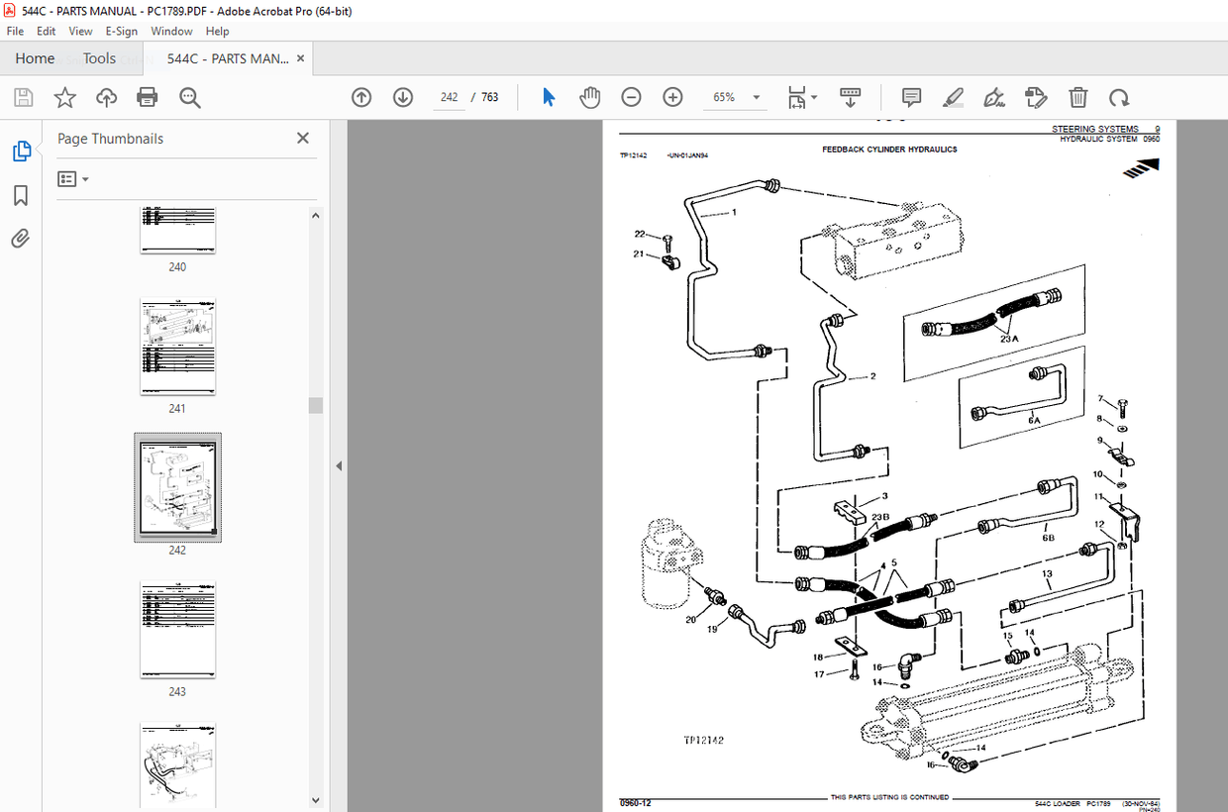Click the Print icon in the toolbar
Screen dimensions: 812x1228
point(148,97)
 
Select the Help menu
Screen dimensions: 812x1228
point(217,32)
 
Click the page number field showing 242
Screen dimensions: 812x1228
point(449,97)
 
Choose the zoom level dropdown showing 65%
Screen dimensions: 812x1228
point(735,97)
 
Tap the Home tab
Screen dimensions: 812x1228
point(35,58)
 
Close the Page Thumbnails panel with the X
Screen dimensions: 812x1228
point(303,139)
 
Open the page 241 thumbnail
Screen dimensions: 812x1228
point(177,348)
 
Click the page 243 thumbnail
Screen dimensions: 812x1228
point(177,630)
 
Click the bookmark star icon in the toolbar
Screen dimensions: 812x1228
point(64,97)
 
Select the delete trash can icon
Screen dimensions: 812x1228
point(1077,97)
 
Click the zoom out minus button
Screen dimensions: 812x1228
point(631,97)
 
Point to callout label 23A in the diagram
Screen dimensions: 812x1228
point(1010,338)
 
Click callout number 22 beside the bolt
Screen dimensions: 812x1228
point(640,235)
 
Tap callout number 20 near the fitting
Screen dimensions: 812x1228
point(690,620)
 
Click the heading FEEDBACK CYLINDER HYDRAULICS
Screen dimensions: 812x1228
point(889,150)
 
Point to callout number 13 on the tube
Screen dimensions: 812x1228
point(1047,574)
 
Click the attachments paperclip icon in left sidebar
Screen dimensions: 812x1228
point(21,239)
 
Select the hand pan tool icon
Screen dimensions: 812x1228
point(590,97)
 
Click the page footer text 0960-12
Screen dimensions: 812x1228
point(635,802)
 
